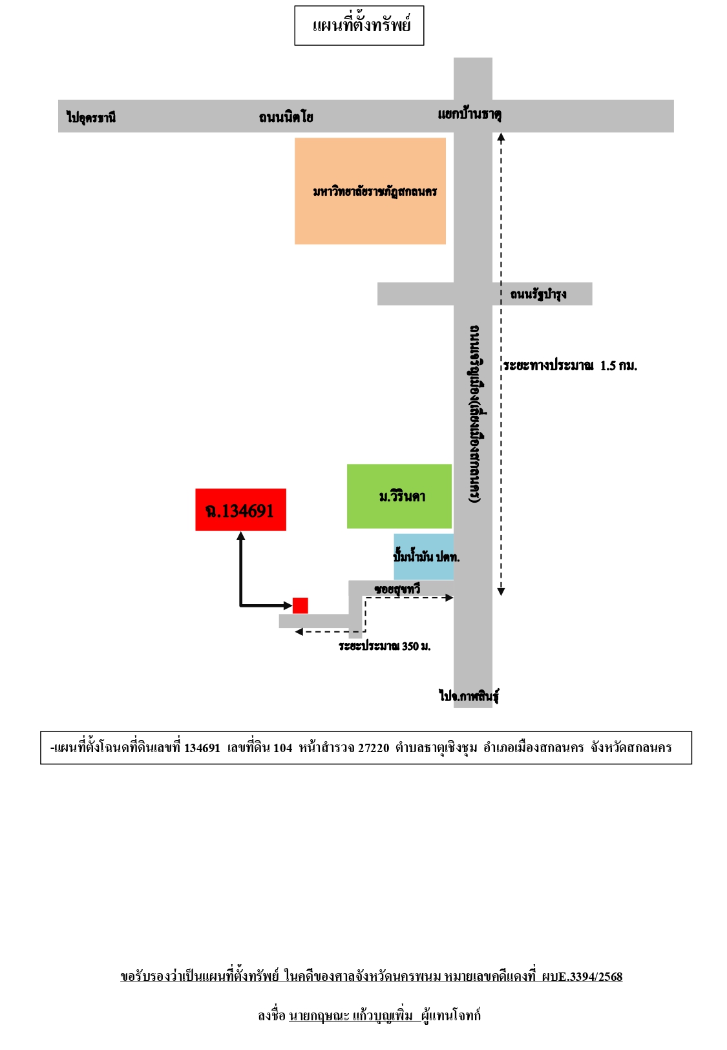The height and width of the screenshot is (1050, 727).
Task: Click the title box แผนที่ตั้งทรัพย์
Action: (359, 25)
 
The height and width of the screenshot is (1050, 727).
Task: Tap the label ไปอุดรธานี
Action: (91, 117)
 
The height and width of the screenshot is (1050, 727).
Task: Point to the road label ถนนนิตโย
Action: (286, 117)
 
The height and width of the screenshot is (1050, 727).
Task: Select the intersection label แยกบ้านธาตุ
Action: (470, 114)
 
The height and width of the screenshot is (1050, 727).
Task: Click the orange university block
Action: (370, 191)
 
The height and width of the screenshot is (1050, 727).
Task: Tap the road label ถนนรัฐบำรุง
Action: (538, 295)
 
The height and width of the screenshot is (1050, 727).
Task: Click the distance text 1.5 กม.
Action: (618, 366)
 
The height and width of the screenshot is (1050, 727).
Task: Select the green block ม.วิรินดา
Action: (399, 496)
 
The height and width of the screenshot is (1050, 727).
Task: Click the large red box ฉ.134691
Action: (240, 510)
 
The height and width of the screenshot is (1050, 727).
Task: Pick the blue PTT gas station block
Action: (424, 556)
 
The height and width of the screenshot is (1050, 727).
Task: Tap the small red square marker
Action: (300, 605)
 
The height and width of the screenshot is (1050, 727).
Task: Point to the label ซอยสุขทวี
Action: (397, 588)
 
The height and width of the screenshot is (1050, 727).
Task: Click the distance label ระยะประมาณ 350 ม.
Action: (385, 646)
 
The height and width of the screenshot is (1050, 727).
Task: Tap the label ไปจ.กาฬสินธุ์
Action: (469, 695)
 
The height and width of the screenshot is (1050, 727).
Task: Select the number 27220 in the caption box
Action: (374, 748)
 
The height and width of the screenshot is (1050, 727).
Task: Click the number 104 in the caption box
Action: (282, 748)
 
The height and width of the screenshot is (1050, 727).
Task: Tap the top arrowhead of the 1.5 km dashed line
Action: (501, 137)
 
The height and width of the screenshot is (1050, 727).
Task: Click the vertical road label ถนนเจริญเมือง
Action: (474, 414)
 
